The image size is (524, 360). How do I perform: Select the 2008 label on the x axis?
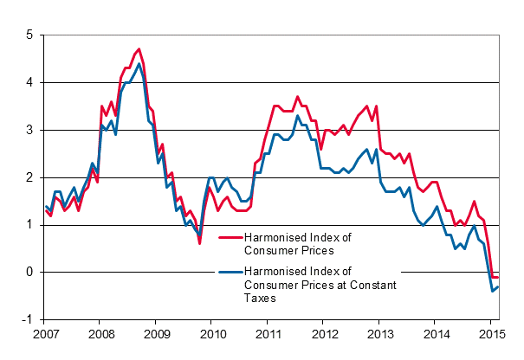[101, 334]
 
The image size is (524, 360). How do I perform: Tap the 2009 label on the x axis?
[157, 334]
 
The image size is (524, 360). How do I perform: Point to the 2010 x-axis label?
[212, 334]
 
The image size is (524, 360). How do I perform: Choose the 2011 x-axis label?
[268, 334]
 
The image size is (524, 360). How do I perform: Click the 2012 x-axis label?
[324, 334]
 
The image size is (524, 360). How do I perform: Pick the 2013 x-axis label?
[380, 334]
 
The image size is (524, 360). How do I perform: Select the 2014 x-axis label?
[436, 334]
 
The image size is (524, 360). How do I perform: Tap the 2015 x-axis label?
[491, 334]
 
